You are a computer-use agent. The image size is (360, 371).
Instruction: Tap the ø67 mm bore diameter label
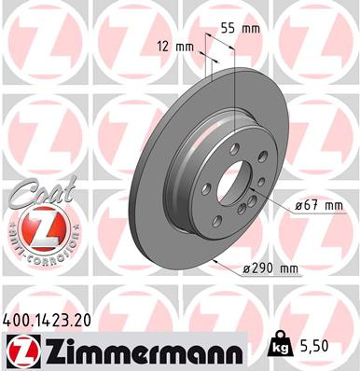[322, 203]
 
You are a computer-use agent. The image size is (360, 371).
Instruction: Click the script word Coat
[35, 195]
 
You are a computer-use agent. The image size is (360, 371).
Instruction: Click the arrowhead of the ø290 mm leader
[216, 262]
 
